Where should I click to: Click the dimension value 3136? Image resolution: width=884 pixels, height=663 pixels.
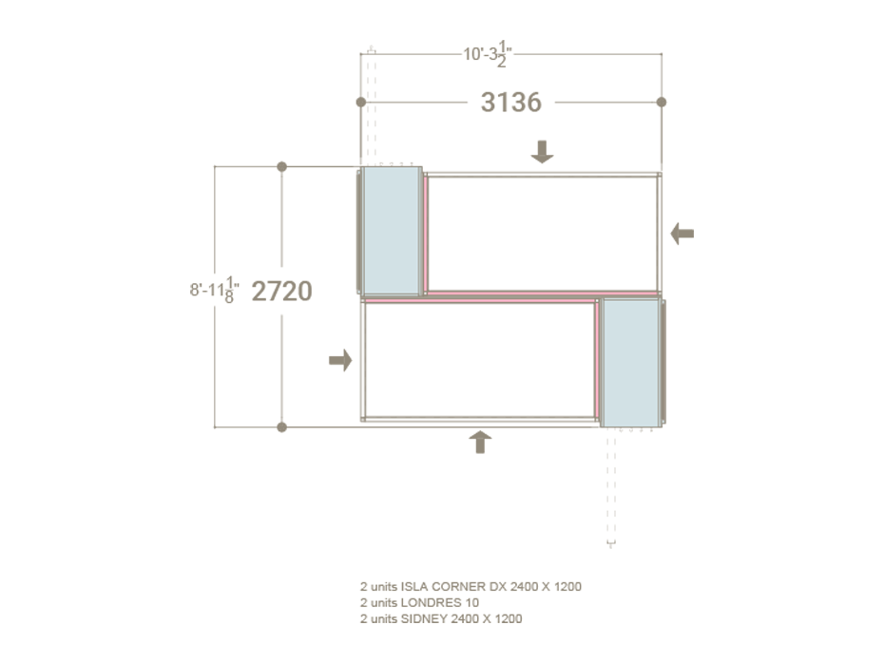pos(510,102)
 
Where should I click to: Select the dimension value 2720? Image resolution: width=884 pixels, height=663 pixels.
pos(281,291)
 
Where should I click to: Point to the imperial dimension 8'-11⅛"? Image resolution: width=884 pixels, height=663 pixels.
pos(215,291)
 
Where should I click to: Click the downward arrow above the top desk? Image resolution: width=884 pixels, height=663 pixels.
pos(542,151)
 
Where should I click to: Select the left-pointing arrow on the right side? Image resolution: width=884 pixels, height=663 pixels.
pos(682,233)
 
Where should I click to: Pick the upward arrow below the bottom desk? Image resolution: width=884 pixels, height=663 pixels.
pos(481,442)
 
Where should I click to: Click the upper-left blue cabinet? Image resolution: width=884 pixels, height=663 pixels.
pos(392,231)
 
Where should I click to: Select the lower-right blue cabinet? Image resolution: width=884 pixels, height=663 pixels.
pos(629,362)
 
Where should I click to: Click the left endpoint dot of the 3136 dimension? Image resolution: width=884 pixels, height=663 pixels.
pos(360,102)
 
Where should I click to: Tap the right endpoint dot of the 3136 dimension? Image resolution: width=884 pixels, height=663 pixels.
pos(662,102)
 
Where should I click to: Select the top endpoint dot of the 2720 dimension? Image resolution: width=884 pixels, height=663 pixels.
pos(281,167)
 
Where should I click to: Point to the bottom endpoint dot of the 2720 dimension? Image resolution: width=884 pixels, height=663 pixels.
pos(281,427)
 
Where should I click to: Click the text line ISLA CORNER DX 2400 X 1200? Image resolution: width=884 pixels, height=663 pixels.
pos(471,586)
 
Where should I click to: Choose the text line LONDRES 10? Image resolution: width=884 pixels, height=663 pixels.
pos(419,602)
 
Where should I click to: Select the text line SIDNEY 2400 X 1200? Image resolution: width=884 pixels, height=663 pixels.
pos(441,618)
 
